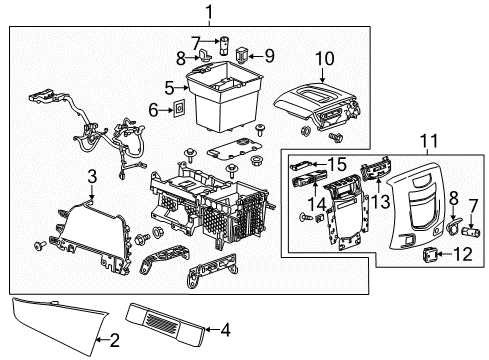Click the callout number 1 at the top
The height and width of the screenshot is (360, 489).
[x=209, y=12]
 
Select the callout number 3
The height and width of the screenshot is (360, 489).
[x=91, y=177]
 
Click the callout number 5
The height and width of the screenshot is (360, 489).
[x=170, y=87]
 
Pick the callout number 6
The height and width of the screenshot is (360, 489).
[x=152, y=110]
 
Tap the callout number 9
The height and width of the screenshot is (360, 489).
[x=269, y=55]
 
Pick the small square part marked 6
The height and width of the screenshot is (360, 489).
[x=179, y=108]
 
